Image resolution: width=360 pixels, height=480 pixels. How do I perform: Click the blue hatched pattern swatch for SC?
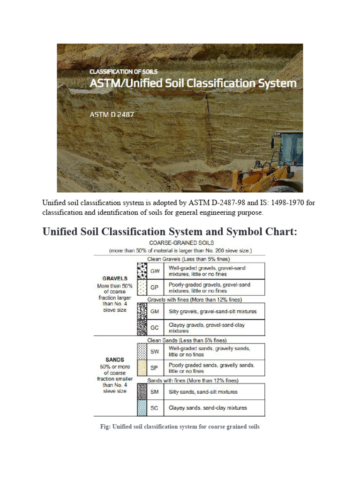(x=142, y=408)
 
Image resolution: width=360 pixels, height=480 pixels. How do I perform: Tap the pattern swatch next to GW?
(x=142, y=270)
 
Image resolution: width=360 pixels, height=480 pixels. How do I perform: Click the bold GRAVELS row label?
(x=115, y=278)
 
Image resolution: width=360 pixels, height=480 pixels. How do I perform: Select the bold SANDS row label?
(x=115, y=360)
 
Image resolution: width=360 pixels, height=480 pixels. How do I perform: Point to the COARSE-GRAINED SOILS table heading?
(x=181, y=243)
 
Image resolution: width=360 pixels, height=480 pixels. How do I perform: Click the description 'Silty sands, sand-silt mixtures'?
(x=203, y=391)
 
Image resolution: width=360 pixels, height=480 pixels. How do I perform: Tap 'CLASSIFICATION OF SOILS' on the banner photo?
(x=124, y=72)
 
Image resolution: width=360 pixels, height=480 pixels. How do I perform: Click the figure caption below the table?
(x=180, y=427)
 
